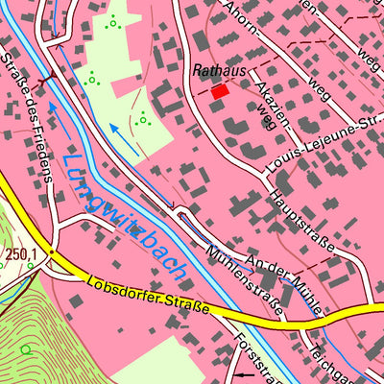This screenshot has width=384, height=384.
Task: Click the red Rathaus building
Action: [221, 90]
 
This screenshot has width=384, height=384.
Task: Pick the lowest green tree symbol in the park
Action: [143, 119]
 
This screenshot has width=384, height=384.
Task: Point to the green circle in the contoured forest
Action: [26, 349]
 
